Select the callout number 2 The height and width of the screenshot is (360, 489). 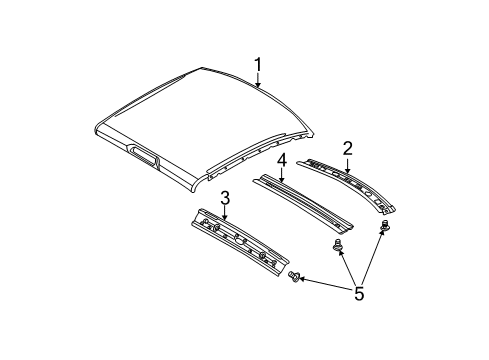pos(347,147)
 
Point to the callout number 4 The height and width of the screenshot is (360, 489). pos(283,159)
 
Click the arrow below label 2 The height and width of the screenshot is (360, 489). pos(347,165)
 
